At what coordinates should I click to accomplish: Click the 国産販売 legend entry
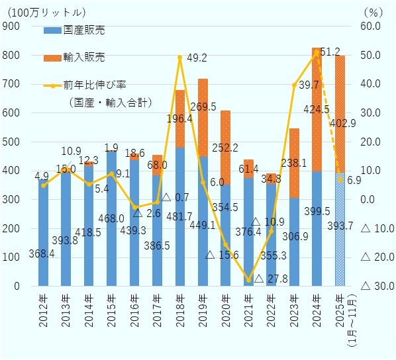tap(83, 30)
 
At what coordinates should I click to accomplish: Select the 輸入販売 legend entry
tap(83, 58)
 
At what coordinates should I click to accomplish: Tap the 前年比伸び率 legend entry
tap(94, 85)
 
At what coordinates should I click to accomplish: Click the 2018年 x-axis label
tap(180, 308)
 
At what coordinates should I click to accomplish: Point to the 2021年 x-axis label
tap(248, 308)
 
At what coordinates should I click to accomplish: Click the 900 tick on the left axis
tap(11, 26)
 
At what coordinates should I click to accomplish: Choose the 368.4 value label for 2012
tap(41, 253)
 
